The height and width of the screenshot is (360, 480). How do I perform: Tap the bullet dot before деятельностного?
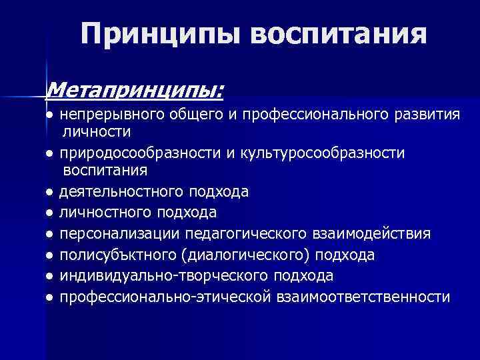[x=50, y=193]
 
